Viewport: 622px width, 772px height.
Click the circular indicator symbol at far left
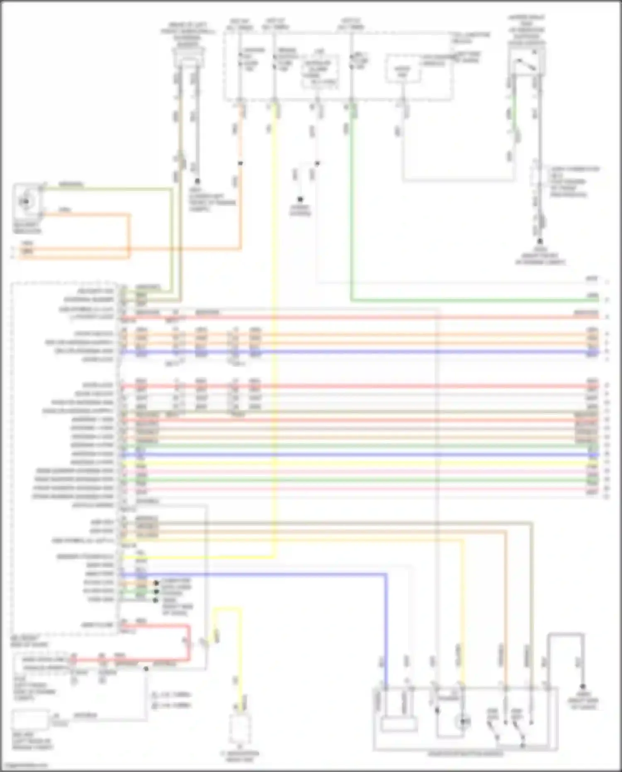click(26, 202)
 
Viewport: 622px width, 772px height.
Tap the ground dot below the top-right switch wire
click(540, 241)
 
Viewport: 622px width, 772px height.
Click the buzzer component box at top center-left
click(189, 58)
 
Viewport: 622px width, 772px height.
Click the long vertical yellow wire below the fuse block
click(274, 332)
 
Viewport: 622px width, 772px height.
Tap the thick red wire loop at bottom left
click(189, 643)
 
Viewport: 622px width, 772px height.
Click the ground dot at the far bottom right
click(583, 687)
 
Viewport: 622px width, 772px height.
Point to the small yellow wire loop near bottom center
click(227, 610)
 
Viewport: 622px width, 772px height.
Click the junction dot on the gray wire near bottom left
click(146, 669)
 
